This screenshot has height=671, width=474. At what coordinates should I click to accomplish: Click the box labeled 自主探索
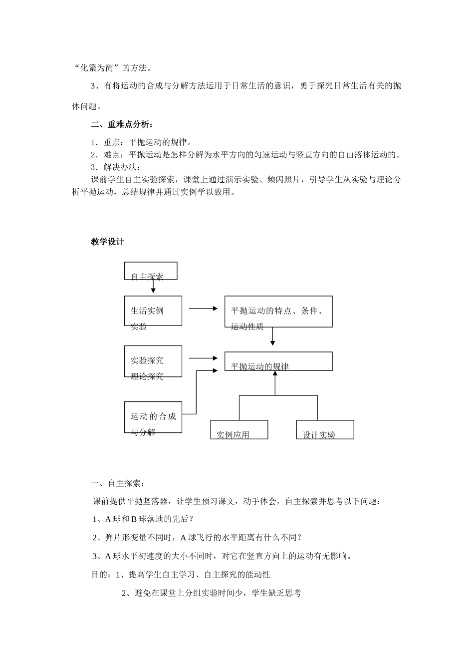pos(150,271)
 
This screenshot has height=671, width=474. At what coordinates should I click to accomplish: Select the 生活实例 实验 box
pos(153,311)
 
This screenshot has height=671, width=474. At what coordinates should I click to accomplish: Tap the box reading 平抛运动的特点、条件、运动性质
pos(278,311)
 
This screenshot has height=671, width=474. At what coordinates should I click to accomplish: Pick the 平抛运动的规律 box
pos(278,361)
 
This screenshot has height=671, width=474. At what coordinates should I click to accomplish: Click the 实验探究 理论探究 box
pos(153,361)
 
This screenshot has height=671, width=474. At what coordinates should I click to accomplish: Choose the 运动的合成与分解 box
pos(153,417)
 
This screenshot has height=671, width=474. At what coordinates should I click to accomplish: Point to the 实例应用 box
pos(239,429)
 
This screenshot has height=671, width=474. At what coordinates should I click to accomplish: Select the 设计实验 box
pos(325,429)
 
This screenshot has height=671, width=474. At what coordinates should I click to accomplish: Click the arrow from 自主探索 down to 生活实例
pos(153,287)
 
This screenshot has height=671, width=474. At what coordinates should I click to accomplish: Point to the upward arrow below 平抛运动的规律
pos(275,382)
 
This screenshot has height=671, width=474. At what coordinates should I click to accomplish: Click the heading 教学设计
pos(107,242)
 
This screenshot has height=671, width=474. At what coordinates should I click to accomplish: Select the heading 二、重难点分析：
pos(122,124)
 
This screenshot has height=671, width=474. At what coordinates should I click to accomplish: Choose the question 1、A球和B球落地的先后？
pos(143,519)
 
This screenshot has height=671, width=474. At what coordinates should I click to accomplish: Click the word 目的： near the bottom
pos(101,575)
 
